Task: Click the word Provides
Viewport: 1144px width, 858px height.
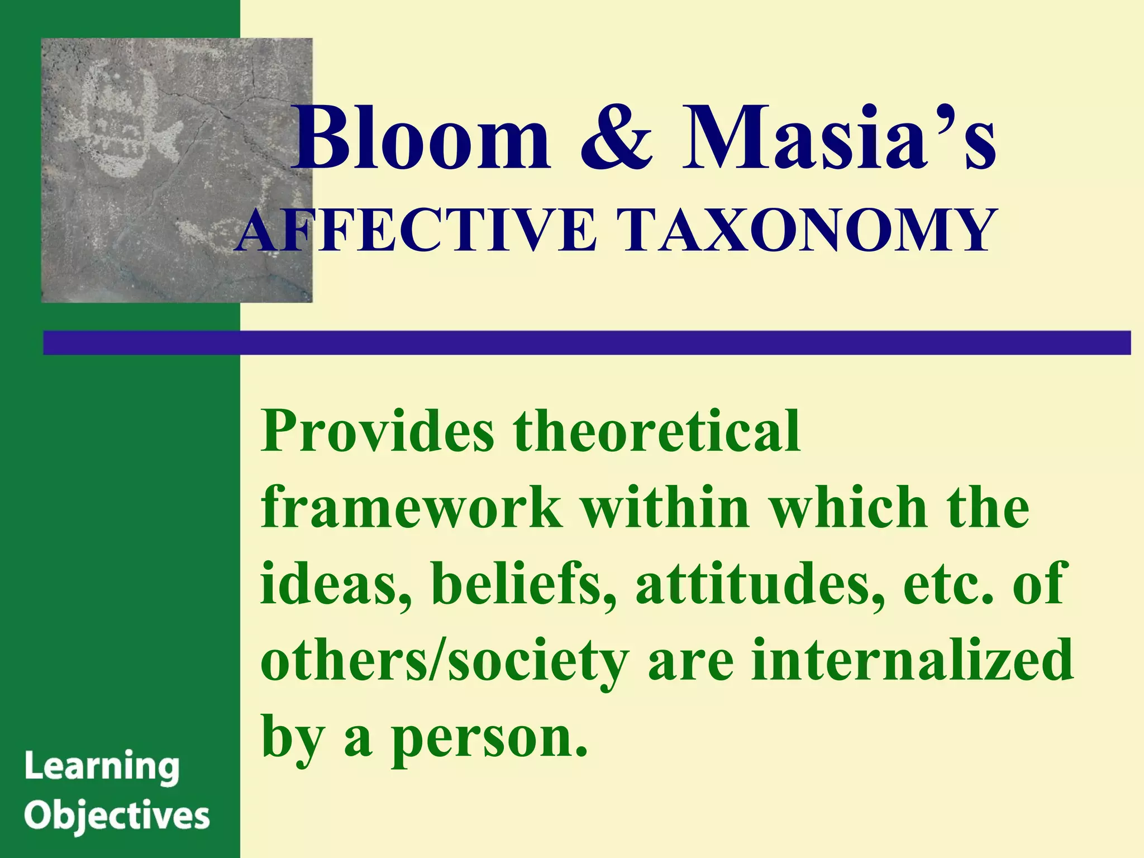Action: (x=378, y=432)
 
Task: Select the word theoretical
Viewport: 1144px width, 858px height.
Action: (x=657, y=432)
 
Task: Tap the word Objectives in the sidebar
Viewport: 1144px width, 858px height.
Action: (x=117, y=817)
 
